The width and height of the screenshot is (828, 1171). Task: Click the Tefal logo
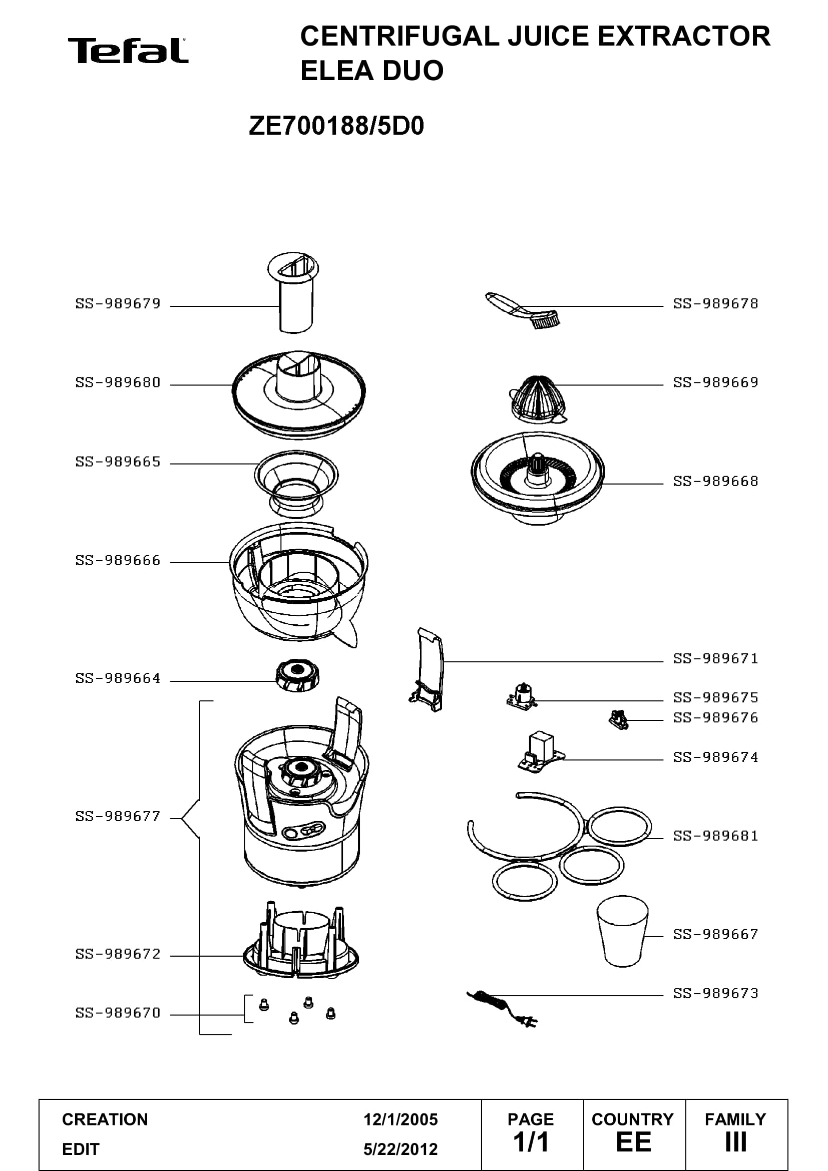128,51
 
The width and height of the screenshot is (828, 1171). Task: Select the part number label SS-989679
118,304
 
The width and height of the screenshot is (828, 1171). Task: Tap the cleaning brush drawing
523,310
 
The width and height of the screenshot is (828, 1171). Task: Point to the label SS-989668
716,482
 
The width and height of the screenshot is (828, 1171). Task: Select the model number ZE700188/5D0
336,126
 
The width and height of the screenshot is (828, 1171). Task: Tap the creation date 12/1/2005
400,1119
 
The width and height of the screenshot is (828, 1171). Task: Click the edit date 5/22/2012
400,1149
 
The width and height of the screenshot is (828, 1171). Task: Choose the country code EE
634,1142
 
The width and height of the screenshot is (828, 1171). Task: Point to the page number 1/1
531,1142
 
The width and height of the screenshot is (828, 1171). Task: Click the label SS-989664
118,678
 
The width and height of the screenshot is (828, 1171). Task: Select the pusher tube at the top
294,292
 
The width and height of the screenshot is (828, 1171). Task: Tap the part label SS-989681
716,836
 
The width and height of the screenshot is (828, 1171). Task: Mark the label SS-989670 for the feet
118,1013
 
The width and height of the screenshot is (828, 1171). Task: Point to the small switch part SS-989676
618,720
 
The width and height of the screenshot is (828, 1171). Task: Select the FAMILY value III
736,1142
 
